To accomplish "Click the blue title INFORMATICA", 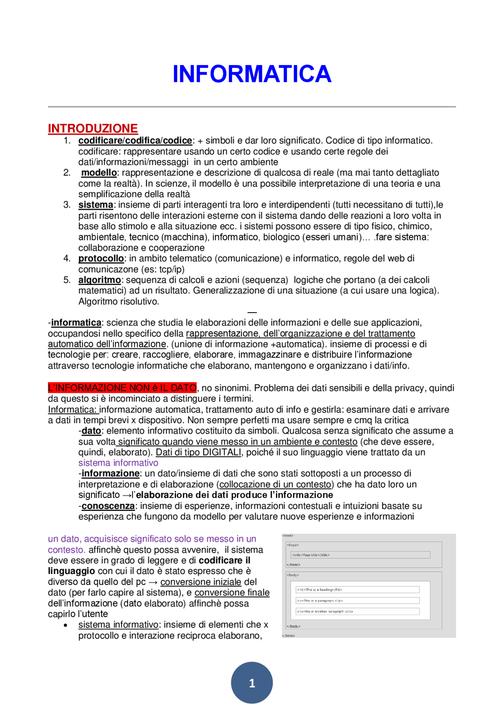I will (x=252, y=74).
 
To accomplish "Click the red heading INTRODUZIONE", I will (x=93, y=128).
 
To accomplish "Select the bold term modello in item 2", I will (x=99, y=172).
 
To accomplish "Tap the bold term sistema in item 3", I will (x=96, y=205).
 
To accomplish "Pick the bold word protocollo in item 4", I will (x=101, y=258).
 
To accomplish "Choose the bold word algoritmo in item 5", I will (x=100, y=280).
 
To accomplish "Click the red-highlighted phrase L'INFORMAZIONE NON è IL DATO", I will (x=122, y=388).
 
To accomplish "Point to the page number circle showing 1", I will (x=252, y=683).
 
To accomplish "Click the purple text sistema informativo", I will (x=118, y=463).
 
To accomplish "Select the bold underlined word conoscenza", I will (x=108, y=506).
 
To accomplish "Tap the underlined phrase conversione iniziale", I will (x=201, y=582).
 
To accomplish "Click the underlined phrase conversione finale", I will (x=232, y=593).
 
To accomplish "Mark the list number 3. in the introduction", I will (x=67, y=205).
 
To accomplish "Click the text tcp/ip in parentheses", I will (x=171, y=269).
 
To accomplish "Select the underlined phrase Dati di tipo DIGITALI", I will (x=198, y=452).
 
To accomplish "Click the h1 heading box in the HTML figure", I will (x=357, y=590).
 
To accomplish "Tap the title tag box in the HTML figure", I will (x=360, y=555).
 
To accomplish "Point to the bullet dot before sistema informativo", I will (x=66, y=625).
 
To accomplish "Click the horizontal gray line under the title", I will (x=252, y=107).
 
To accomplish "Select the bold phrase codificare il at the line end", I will (x=224, y=561).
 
